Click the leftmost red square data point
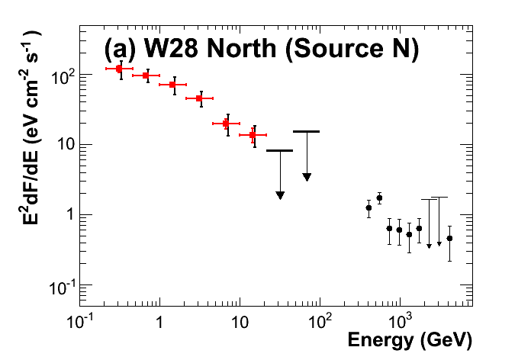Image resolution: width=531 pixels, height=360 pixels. tap(119, 69)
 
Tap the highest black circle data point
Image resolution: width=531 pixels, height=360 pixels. tap(379, 198)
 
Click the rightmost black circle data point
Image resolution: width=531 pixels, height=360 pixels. tap(449, 238)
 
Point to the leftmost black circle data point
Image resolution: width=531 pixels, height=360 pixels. tap(368, 207)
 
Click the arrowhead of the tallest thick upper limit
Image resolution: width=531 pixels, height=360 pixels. tap(306, 177)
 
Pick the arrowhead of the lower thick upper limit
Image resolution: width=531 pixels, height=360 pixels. tap(280, 195)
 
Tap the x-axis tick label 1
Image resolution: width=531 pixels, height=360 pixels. tap(159, 320)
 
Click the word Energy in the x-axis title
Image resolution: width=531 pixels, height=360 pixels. tap(376, 339)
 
